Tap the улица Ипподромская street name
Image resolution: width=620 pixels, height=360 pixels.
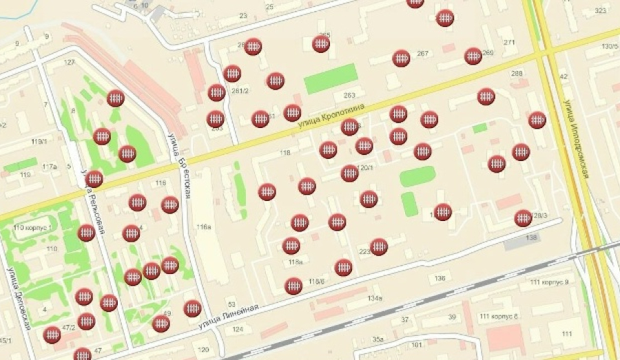tap(576, 138)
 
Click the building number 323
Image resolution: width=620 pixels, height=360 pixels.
tap(601, 10)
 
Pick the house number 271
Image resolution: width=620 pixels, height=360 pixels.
tap(509, 43)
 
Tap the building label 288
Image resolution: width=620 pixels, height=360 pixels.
tap(517, 74)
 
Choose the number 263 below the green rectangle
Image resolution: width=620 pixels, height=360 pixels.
tap(349, 96)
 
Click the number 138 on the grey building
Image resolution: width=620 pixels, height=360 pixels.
tap(531, 237)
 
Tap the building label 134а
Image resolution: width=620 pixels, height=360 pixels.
tap(375, 298)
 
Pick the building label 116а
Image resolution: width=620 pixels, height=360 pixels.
tap(203, 226)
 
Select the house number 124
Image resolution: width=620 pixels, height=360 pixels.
tap(238, 329)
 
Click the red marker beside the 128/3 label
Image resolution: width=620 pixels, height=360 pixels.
tap(523, 218)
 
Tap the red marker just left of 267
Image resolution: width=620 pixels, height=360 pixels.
tap(402, 59)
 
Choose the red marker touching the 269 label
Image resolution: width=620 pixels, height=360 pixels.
tap(473, 56)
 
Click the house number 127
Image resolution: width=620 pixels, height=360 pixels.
tap(69, 63)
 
